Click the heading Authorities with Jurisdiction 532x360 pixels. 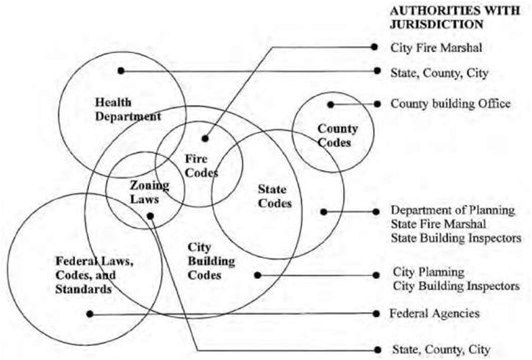(455, 18)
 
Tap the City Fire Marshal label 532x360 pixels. (436, 48)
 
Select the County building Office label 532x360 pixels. (450, 104)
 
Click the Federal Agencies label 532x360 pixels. (434, 313)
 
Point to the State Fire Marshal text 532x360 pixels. (439, 224)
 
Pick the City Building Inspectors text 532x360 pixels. (456, 286)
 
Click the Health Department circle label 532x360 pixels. (128, 109)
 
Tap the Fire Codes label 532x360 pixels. (201, 165)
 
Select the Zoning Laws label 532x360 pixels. (149, 192)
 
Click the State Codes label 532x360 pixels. (275, 196)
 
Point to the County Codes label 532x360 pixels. (337, 135)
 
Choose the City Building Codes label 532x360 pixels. (211, 262)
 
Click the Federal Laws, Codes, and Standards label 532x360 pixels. (94, 276)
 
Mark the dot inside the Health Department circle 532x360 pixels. (121, 71)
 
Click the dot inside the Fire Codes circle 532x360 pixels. (205, 138)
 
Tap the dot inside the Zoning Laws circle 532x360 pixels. (151, 216)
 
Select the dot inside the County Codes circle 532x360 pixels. (331, 104)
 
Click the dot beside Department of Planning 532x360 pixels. (375, 212)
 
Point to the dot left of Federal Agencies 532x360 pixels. (376, 314)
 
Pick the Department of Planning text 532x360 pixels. (453, 210)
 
